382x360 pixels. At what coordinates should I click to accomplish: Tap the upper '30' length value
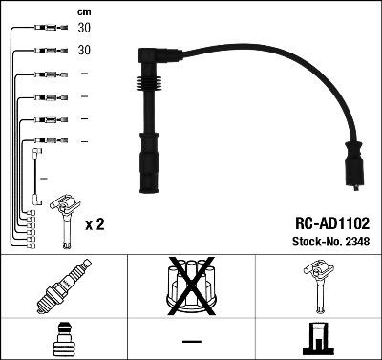tap(83, 29)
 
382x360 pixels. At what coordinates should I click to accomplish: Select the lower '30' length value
tap(83, 51)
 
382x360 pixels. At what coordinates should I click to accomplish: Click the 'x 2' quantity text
tap(95, 225)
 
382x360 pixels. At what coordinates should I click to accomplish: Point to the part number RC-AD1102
tap(329, 221)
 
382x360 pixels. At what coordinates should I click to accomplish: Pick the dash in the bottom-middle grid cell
tap(191, 341)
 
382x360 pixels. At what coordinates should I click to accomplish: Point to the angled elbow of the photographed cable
tap(149, 57)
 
